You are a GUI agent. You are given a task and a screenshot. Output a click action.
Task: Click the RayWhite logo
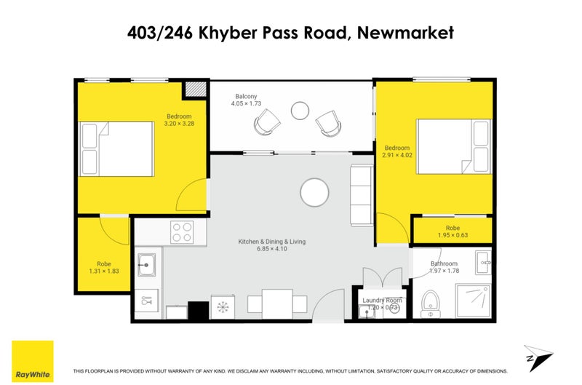(32, 360)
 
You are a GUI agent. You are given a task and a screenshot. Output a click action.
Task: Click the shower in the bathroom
(474, 301)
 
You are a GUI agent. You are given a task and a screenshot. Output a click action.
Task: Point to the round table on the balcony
(300, 111)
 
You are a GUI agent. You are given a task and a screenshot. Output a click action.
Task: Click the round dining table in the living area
(315, 193)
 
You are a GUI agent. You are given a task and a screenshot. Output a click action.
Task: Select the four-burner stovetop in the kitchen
(181, 232)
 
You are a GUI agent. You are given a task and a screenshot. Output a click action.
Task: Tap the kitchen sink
(146, 263)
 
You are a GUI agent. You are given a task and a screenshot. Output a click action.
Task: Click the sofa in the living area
(362, 195)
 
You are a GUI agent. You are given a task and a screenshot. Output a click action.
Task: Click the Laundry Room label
(383, 300)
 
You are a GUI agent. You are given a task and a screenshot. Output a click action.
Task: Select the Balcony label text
(246, 96)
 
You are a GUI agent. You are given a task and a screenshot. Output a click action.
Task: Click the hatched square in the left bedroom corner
(194, 89)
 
